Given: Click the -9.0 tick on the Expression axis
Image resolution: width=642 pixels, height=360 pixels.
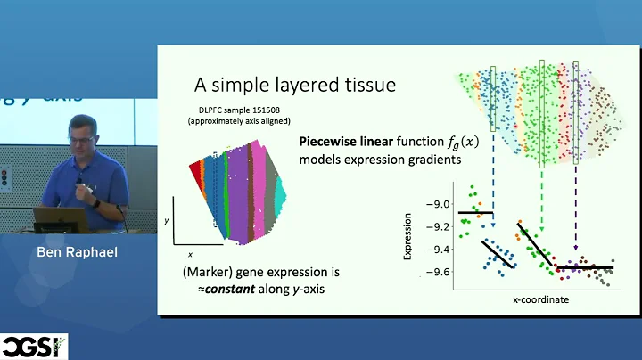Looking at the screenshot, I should (x=438, y=204).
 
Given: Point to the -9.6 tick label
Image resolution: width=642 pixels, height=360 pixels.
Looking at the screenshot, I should (x=438, y=272).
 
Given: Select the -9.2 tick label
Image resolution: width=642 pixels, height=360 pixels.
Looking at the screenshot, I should (x=438, y=226).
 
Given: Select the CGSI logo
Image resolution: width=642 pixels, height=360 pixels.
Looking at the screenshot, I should (x=34, y=347).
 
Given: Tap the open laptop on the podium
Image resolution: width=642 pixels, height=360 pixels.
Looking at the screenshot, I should (x=57, y=217).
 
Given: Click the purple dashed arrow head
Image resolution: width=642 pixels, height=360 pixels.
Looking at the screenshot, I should (x=575, y=249).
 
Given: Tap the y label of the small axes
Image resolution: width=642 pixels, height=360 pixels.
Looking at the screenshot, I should (x=167, y=219).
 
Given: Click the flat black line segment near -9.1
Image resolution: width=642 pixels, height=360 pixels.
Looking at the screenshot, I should (x=474, y=212).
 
